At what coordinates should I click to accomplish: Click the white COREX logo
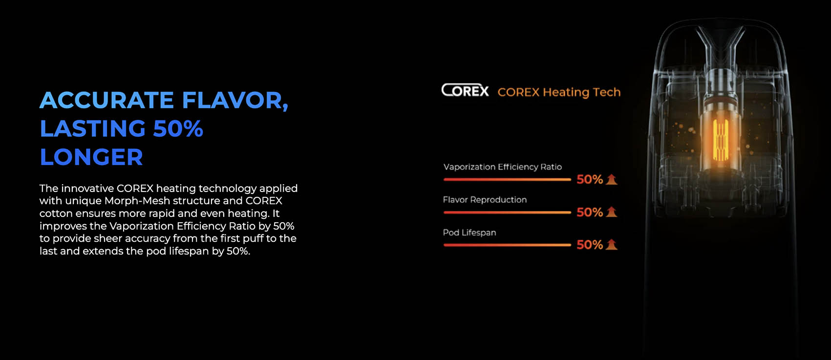(x=465, y=90)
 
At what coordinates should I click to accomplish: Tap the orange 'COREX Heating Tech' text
(x=559, y=92)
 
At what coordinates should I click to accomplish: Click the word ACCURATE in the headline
(x=107, y=100)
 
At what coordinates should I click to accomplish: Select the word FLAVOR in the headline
(x=235, y=100)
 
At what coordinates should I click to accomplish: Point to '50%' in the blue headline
(x=178, y=128)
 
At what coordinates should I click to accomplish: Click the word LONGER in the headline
(x=91, y=157)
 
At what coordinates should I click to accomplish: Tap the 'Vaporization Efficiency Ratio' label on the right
(x=503, y=167)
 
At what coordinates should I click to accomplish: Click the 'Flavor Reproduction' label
(x=485, y=200)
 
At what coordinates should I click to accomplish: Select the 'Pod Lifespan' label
(x=469, y=233)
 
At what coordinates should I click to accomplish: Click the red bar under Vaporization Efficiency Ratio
(x=507, y=179)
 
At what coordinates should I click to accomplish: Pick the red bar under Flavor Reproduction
(x=507, y=212)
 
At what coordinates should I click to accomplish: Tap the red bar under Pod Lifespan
(x=507, y=245)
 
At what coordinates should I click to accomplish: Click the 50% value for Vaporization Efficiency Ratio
(x=590, y=179)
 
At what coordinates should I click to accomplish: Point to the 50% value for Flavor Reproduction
(x=590, y=212)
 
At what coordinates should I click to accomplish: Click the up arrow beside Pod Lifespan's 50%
(x=611, y=245)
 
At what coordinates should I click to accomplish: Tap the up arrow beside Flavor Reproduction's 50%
(x=611, y=212)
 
